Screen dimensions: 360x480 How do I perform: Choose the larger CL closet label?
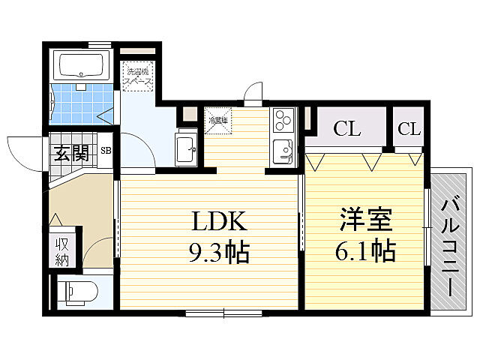[x=347, y=128]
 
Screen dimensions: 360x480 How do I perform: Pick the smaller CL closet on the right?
[x=409, y=128]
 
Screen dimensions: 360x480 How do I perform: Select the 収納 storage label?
[x=61, y=251]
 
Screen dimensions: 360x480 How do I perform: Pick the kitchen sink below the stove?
[x=283, y=149]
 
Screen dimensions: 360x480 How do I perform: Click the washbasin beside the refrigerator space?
[x=184, y=149]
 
